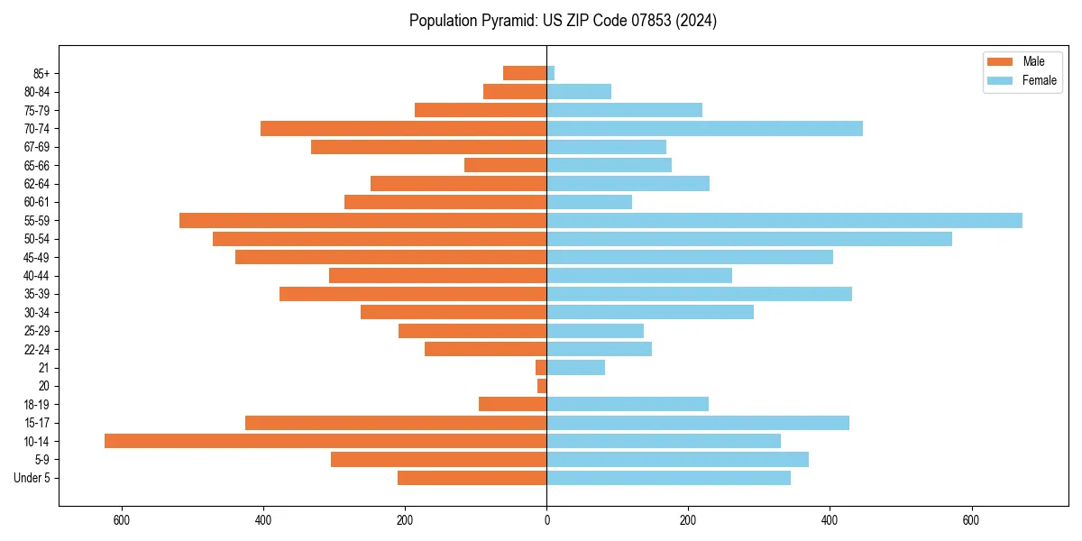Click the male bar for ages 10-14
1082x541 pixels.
326,441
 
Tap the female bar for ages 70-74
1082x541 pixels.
704,128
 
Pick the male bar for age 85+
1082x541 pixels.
525,73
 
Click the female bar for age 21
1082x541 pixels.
575,367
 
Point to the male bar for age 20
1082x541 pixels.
542,386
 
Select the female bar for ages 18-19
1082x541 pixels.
628,404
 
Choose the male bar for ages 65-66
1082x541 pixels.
505,165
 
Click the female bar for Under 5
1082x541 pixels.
668,478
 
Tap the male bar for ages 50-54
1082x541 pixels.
380,239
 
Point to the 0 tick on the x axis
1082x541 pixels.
546,520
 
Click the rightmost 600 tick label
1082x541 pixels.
971,520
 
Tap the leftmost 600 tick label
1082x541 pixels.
122,520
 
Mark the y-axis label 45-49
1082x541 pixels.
36,257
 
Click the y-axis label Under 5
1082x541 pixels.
32,478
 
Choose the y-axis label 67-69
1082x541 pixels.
36,147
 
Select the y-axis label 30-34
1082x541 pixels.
36,312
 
